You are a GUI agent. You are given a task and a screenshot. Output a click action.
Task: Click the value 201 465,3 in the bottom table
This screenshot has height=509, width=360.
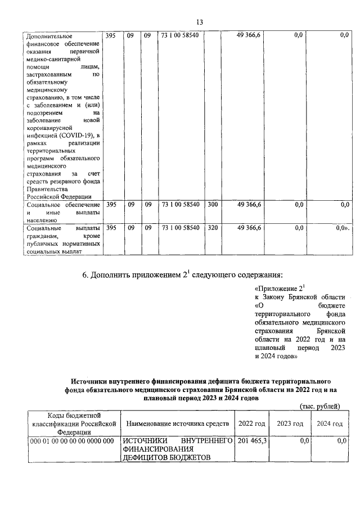pos(253,441)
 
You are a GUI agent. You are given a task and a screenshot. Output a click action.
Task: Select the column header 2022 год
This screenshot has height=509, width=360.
pos(252,423)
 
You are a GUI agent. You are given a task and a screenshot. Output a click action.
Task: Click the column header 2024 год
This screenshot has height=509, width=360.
pos(329,423)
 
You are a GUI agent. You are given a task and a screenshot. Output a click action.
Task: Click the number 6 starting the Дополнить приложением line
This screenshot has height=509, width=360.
pos(85,275)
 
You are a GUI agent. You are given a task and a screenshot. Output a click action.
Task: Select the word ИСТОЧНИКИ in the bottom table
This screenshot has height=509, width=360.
pos(143,441)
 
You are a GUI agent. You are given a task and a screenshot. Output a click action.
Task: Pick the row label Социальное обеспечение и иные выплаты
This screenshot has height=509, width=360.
pos(64,212)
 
